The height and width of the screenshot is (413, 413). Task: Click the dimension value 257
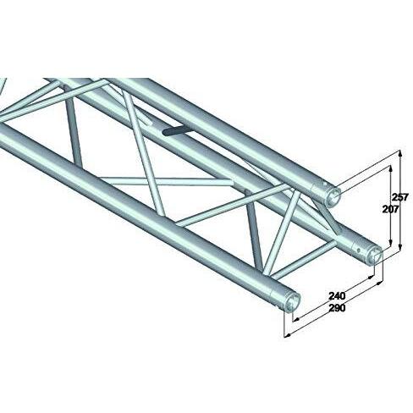coord(400,197)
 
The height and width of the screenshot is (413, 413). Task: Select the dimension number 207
coord(391,209)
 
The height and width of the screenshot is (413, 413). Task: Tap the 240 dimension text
coord(337,295)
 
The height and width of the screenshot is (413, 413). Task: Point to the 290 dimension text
coord(337,308)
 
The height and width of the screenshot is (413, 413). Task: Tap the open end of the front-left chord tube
coord(293,303)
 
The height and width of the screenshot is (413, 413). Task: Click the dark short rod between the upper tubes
coord(178,132)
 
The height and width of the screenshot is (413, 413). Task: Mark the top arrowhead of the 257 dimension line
coord(400,154)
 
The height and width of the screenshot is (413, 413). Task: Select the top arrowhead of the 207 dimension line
coord(390,168)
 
